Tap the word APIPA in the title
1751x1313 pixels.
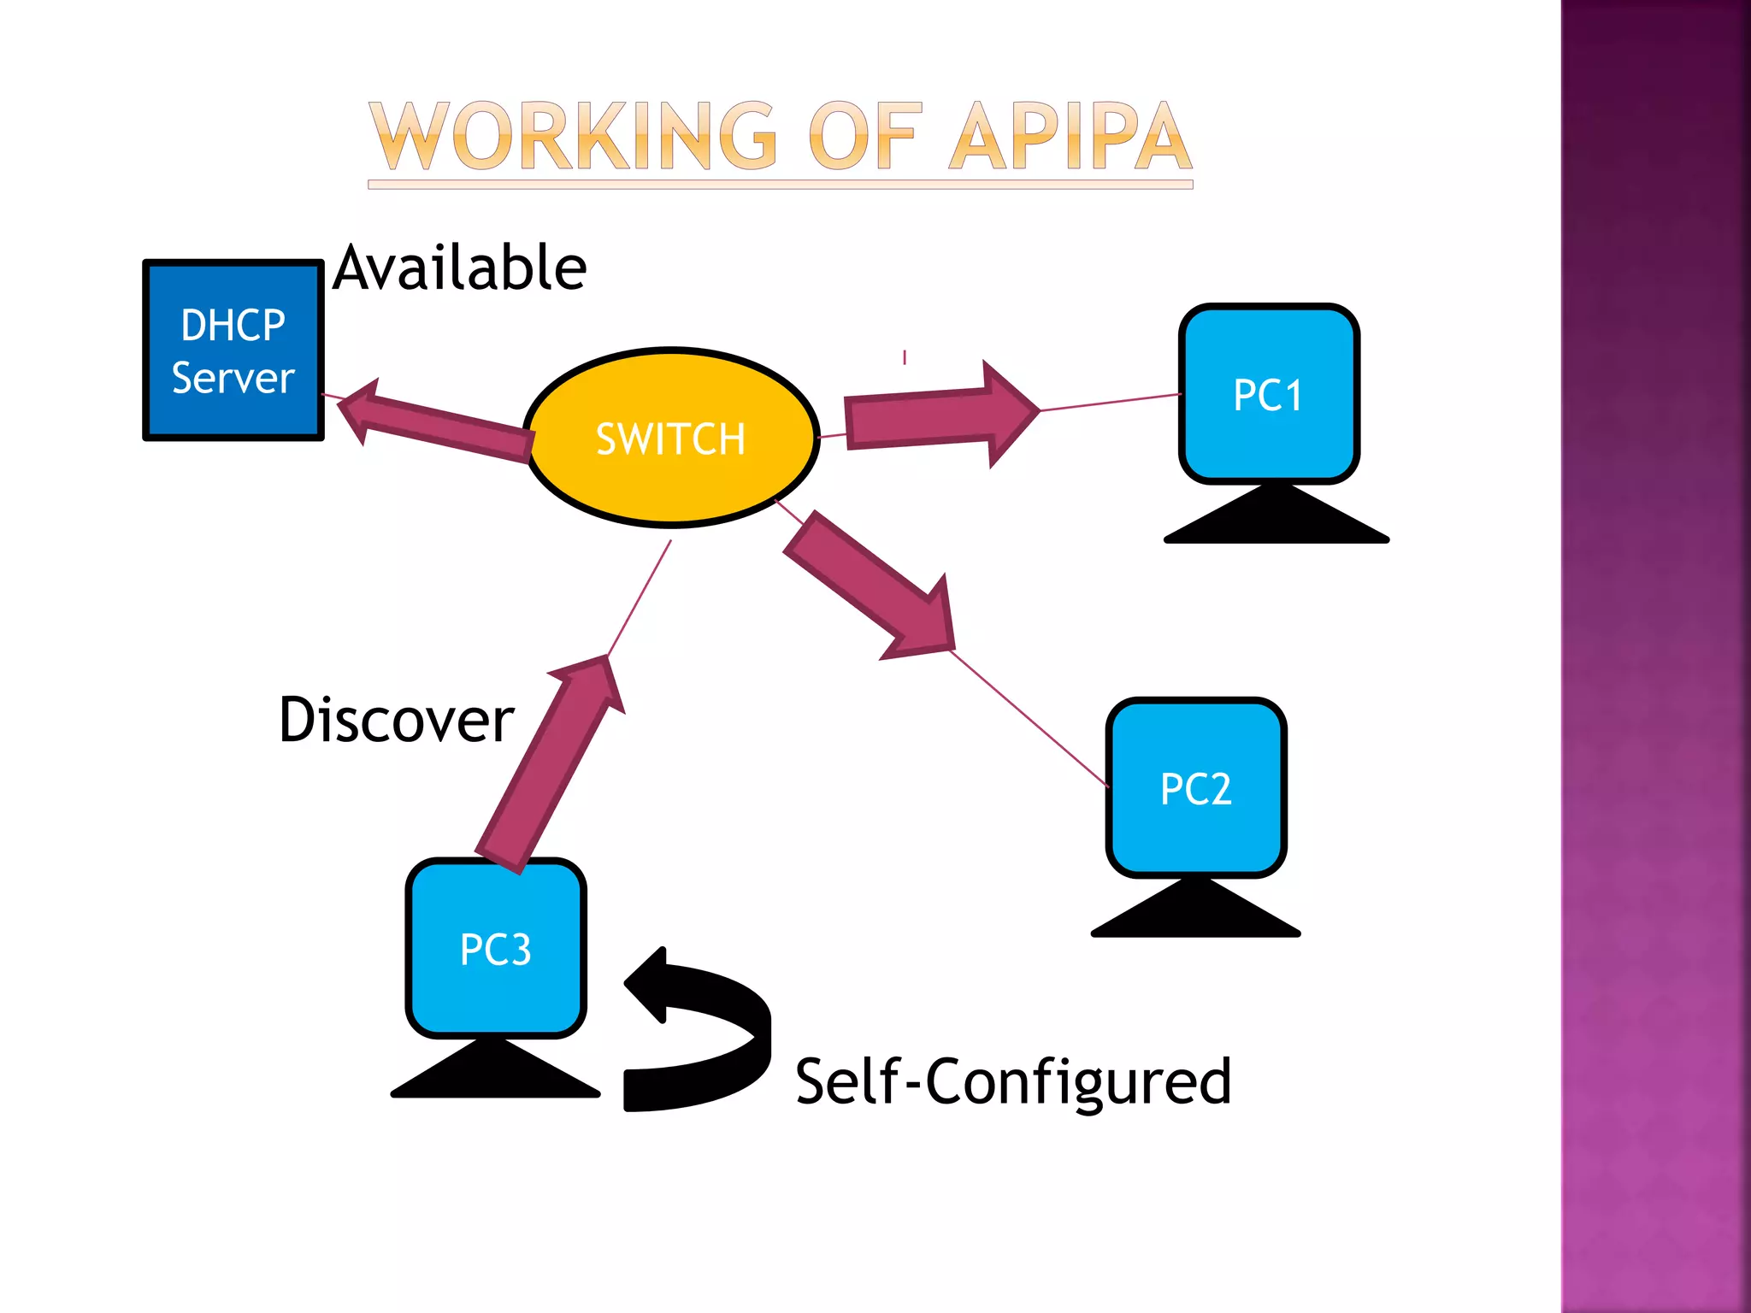coord(1070,137)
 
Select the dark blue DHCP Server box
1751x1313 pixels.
coord(233,350)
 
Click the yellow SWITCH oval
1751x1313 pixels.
coord(671,438)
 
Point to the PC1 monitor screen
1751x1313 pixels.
coord(1269,394)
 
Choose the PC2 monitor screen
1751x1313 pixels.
coord(1195,787)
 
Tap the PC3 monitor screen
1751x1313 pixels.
coord(496,948)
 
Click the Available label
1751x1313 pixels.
coord(460,268)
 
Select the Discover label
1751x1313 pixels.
coord(396,720)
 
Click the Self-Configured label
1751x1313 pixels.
coord(1013,1081)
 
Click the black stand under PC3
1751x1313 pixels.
coord(496,1073)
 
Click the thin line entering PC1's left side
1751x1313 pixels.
coord(1111,402)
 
